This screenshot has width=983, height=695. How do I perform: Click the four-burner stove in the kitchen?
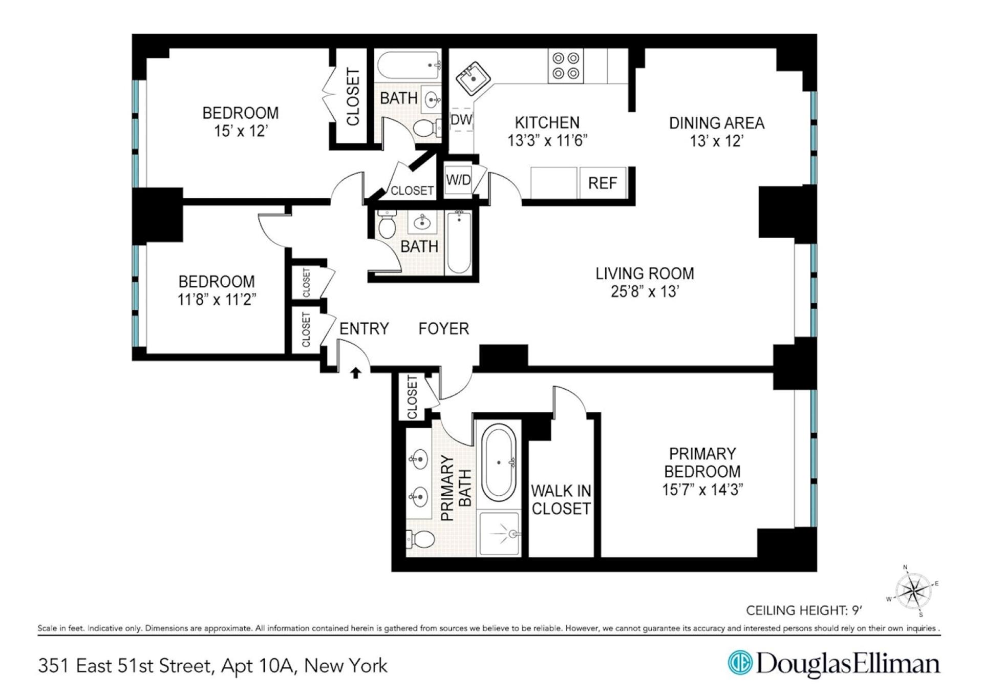click(565, 66)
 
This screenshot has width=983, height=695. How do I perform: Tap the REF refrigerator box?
click(602, 183)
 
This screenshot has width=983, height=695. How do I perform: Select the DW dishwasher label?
click(461, 120)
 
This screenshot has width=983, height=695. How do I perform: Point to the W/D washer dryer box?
click(458, 180)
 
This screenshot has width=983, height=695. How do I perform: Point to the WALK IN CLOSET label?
click(561, 499)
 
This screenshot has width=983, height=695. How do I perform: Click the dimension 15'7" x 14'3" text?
click(702, 490)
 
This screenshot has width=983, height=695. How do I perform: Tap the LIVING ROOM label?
click(645, 273)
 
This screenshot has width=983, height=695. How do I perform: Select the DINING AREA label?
click(716, 123)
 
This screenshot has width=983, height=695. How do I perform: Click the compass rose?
click(913, 591)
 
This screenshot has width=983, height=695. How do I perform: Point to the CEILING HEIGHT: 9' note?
click(803, 610)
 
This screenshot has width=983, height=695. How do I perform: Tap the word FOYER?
click(443, 328)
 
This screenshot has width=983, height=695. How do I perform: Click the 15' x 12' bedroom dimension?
click(241, 131)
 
